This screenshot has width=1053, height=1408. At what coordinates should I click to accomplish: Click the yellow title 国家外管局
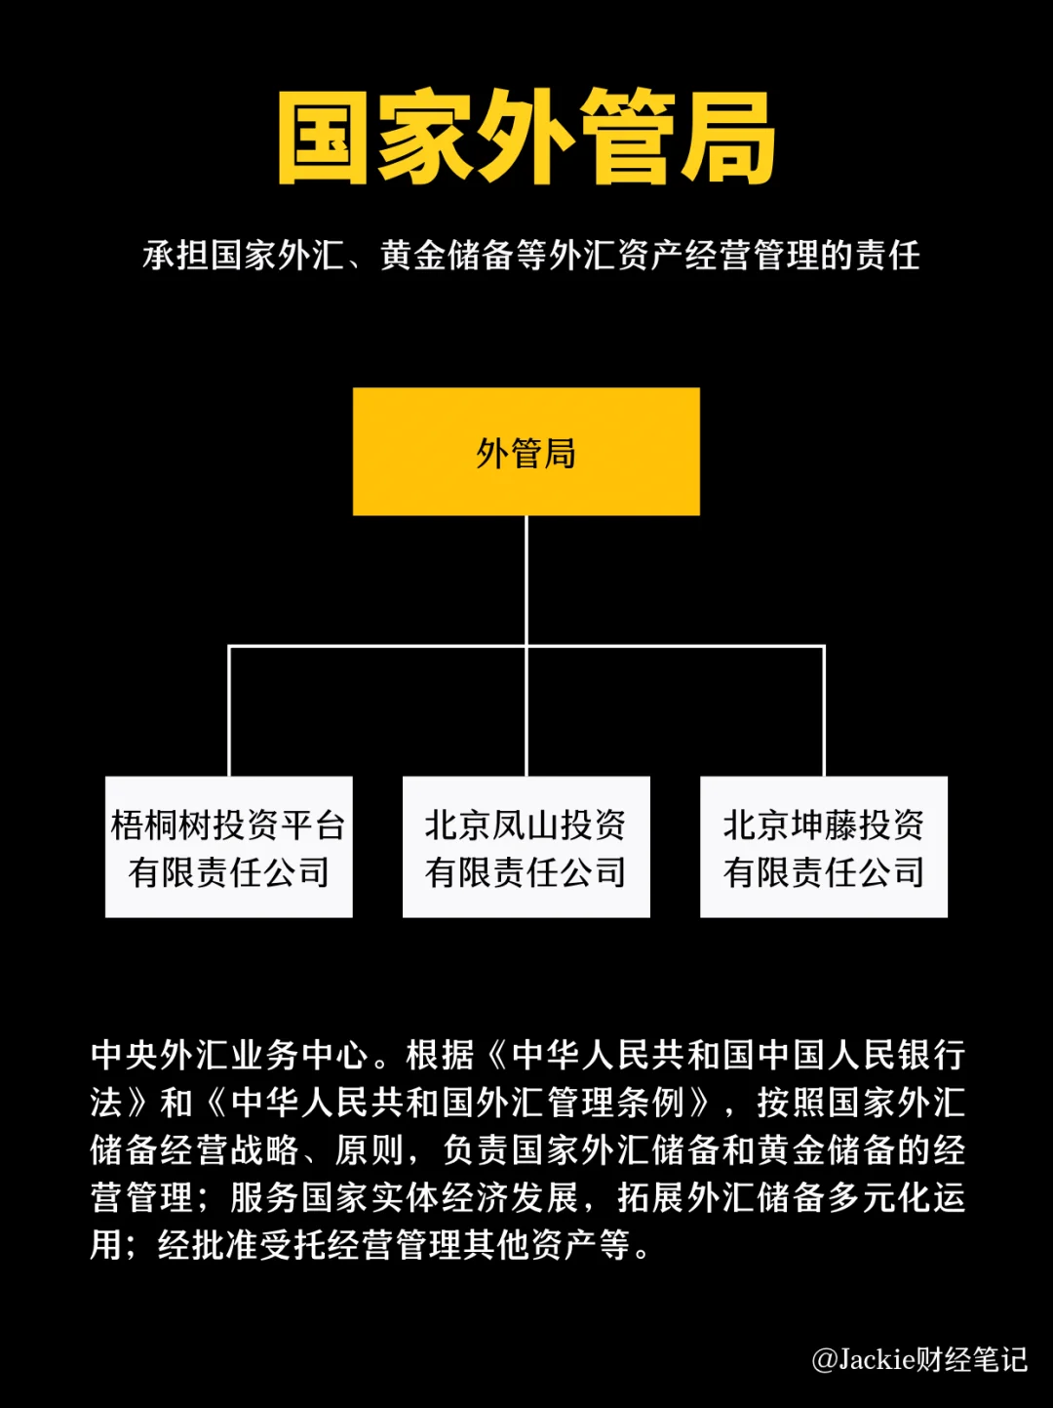click(526, 139)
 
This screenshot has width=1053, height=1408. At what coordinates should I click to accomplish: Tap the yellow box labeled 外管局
click(526, 452)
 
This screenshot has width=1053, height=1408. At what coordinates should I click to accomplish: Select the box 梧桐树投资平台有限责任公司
click(229, 847)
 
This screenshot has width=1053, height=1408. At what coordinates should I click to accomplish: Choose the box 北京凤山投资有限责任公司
click(526, 847)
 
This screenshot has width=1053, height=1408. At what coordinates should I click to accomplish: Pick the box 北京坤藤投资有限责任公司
click(824, 847)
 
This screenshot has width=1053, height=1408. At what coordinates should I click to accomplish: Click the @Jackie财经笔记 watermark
click(919, 1359)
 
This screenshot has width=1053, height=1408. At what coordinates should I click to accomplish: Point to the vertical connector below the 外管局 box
click(526, 581)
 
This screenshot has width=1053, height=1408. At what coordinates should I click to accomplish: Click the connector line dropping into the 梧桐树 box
click(229, 712)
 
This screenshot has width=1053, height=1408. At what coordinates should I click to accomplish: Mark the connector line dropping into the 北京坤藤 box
click(825, 712)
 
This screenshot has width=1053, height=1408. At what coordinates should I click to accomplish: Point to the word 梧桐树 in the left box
click(162, 825)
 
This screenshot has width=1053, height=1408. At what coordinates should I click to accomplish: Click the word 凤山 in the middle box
click(526, 825)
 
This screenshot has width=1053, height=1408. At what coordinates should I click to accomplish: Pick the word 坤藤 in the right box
click(824, 825)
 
